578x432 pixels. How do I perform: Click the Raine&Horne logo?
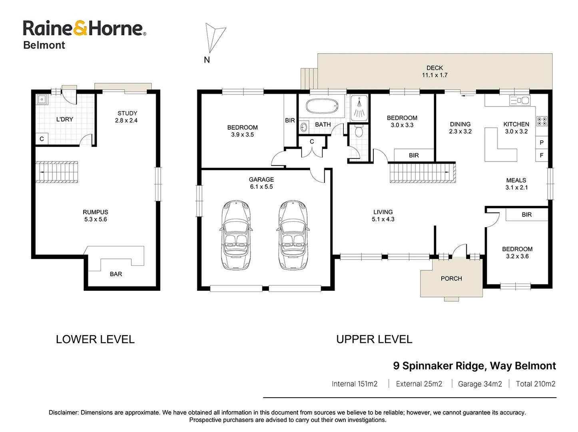[x=84, y=29]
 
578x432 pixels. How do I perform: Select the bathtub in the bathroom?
[x=322, y=106]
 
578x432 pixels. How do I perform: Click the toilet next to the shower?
[x=359, y=131]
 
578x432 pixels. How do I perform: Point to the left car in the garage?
[x=236, y=235]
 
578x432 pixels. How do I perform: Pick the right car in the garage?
[x=293, y=235]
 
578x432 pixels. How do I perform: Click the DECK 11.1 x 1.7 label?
[x=434, y=72]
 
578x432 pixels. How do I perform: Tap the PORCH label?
[x=451, y=278]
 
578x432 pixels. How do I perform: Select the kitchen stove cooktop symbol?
[x=542, y=121]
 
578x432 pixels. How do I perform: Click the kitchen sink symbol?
[x=520, y=100]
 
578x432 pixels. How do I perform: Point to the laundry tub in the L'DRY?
[x=42, y=99]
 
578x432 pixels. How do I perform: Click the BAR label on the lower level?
[x=116, y=274]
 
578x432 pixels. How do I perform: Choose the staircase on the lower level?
[x=57, y=172]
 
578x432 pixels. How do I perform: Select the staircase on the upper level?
[x=422, y=172]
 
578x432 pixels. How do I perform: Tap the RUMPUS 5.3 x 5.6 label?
[x=96, y=216]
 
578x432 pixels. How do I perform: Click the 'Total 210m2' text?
[x=535, y=384]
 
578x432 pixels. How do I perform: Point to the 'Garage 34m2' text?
[x=480, y=384]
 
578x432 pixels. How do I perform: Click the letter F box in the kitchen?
[x=542, y=155]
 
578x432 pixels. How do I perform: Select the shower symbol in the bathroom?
[x=359, y=108]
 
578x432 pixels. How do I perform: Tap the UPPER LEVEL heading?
[x=374, y=339]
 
